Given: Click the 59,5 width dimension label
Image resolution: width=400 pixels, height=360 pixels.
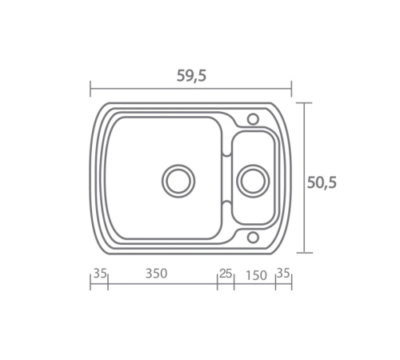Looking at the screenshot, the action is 191,76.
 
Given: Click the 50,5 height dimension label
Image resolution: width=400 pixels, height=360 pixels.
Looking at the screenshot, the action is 322,183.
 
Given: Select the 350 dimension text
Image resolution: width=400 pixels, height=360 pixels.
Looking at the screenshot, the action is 156,274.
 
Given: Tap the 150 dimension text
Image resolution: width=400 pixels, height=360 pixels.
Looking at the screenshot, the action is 256,275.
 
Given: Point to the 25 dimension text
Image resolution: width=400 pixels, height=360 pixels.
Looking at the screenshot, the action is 226,274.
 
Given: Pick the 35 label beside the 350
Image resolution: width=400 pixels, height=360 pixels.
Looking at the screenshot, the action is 100,274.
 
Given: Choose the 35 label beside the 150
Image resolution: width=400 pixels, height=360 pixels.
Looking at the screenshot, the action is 283,273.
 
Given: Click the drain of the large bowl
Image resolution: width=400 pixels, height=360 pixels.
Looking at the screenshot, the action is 178,181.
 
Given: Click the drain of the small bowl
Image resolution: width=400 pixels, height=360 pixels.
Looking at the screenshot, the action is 253,181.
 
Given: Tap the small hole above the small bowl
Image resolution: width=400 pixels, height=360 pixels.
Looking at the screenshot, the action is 253,119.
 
